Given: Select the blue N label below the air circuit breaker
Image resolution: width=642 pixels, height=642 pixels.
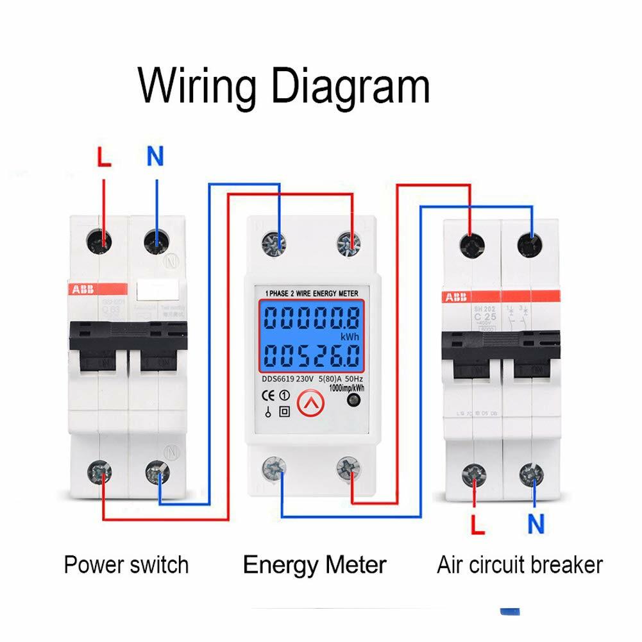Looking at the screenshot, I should (536, 524).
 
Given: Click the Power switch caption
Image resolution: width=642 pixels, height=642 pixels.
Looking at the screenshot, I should (126, 565).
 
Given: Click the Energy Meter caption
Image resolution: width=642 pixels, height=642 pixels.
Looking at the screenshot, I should (314, 565).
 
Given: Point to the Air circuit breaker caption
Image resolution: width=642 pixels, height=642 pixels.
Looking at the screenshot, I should (520, 565).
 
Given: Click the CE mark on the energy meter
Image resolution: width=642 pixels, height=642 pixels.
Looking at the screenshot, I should (271, 395).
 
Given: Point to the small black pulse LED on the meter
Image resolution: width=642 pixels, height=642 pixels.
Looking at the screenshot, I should (351, 401).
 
